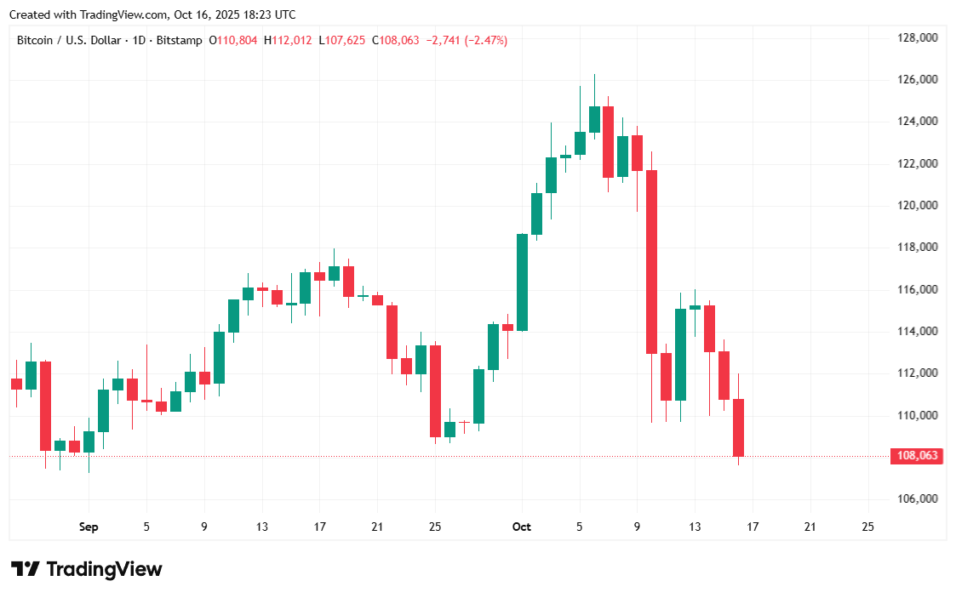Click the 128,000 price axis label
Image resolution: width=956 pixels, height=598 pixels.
917,37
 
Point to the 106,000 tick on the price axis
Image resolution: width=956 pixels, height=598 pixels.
917,498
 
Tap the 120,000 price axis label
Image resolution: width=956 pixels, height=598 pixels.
917,205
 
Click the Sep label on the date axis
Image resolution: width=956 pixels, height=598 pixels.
89,527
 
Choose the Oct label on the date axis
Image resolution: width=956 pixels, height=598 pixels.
522,527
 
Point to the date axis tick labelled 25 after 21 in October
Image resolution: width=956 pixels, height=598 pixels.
867,527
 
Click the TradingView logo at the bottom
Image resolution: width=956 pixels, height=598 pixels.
86,569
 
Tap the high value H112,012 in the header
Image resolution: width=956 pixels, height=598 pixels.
289,40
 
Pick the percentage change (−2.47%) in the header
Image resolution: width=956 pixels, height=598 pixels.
485,40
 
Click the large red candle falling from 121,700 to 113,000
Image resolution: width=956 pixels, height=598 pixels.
652,261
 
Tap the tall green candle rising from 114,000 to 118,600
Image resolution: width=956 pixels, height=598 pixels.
522,282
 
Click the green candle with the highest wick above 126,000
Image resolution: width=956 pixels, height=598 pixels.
594,119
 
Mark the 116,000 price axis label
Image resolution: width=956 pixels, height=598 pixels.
917,289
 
